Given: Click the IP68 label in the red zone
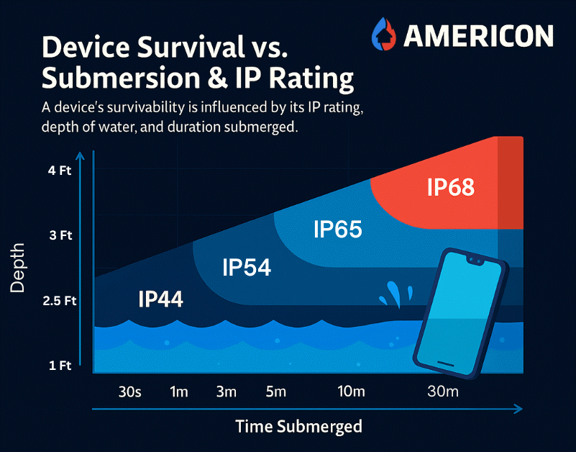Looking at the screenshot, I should (x=451, y=187).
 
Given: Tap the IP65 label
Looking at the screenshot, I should (x=337, y=230).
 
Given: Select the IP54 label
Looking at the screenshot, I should (x=247, y=268).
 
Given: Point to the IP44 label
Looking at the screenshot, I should (x=160, y=299).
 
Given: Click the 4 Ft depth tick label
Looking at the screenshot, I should (x=61, y=172).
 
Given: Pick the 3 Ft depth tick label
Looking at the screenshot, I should (x=61, y=235).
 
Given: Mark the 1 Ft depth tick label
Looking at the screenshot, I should (x=61, y=366).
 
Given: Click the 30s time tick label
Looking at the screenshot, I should (x=129, y=392).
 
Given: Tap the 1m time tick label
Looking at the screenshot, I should (x=178, y=392).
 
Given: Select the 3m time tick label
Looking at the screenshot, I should (x=226, y=392).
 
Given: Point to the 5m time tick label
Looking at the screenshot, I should (x=275, y=392).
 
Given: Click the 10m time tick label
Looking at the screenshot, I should (x=352, y=392).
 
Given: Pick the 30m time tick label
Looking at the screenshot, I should (x=443, y=392).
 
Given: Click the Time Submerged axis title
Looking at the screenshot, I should (x=299, y=426).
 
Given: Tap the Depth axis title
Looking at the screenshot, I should (x=18, y=266).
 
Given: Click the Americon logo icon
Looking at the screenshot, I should (x=384, y=34).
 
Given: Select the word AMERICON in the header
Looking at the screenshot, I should (x=477, y=35).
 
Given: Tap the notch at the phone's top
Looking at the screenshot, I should (x=474, y=258).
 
